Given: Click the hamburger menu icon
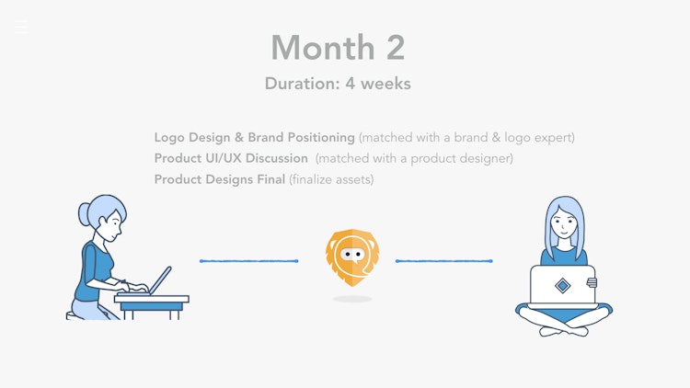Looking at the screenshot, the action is tap(20, 27).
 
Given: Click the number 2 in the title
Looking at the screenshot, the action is tap(396, 48).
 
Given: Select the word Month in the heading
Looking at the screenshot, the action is tap(323, 48).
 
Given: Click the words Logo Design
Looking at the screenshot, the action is tap(192, 138).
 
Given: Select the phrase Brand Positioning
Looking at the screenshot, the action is tap(302, 138).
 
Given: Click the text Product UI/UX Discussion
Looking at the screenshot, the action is tap(231, 158).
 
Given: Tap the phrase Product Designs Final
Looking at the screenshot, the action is tap(220, 179).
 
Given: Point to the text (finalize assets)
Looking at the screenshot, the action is tap(331, 179).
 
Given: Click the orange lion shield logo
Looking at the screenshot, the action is tap(352, 257).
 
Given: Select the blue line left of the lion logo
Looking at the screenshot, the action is tap(249, 261).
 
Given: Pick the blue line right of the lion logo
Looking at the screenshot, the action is tap(444, 261).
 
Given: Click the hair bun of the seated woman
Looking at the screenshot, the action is tap(84, 214).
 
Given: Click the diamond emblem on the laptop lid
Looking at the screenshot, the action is tap(562, 286).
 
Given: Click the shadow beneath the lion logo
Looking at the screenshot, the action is tap(352, 299).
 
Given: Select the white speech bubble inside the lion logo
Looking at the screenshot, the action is tap(352, 255).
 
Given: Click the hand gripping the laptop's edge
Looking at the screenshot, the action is tap(592, 282).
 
